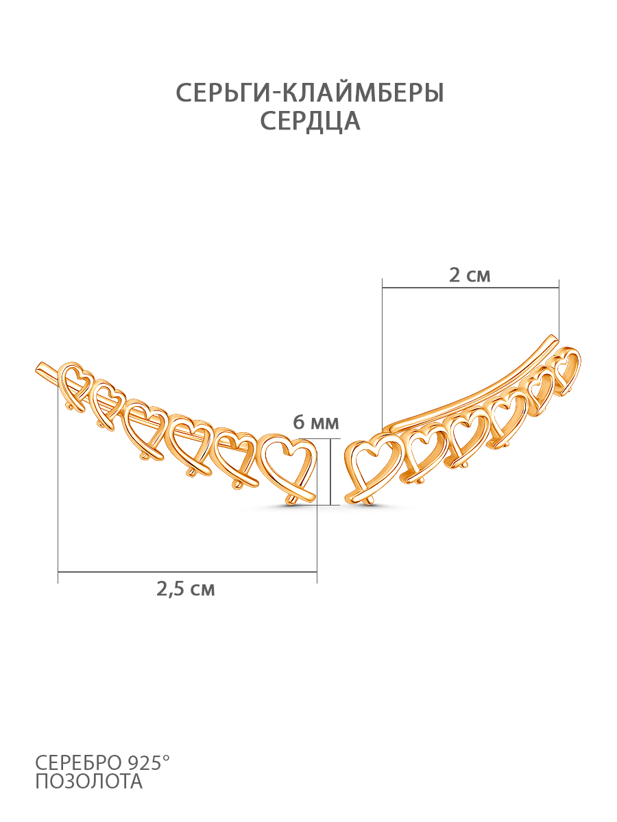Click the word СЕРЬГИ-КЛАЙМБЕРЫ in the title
tap(310, 92)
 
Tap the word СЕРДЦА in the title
tap(310, 121)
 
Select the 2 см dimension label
tap(470, 275)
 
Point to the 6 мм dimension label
tap(316, 423)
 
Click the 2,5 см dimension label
tap(186, 590)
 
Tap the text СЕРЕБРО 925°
tap(102, 762)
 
